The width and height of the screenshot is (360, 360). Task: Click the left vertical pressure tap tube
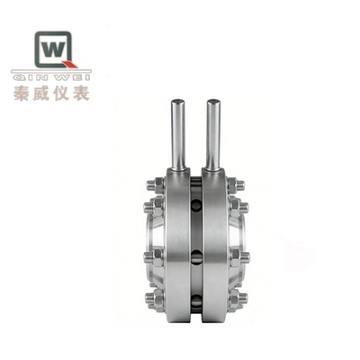(178, 135)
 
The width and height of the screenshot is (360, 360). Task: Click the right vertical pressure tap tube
(212, 135)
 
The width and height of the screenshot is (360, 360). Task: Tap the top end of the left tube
(178, 102)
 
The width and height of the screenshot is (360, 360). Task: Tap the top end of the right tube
(212, 102)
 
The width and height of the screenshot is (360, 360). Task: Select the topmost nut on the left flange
(154, 184)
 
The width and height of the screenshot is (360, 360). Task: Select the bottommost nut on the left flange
(154, 297)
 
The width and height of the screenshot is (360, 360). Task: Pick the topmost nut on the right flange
(237, 184)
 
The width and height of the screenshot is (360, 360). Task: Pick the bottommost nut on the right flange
(237, 297)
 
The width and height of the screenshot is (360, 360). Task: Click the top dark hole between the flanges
(196, 206)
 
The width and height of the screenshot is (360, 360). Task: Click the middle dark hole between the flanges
(196, 257)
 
